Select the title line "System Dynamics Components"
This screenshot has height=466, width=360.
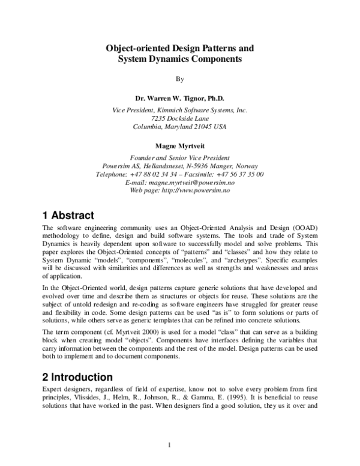(x=179, y=59)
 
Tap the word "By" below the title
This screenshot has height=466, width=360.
(x=179, y=79)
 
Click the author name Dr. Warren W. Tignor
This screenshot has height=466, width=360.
(x=179, y=98)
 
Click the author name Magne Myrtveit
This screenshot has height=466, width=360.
(x=179, y=146)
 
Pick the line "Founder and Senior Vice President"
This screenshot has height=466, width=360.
(x=179, y=158)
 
